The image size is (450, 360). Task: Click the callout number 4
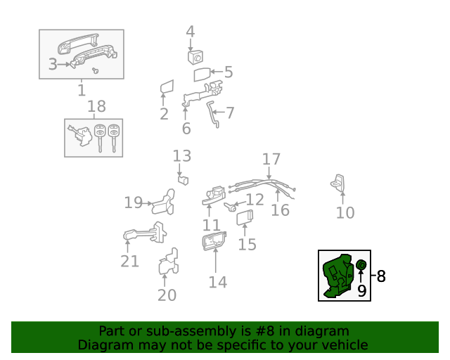[x=190, y=32]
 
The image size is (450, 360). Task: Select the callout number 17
[x=271, y=160]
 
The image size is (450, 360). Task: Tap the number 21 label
[x=129, y=262]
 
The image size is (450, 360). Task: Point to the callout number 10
[x=345, y=212]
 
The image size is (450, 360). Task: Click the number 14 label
[x=218, y=282]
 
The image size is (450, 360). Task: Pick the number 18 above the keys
[x=96, y=107]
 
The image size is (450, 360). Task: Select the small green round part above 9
[x=361, y=264]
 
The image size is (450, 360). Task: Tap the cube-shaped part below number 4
[x=195, y=56]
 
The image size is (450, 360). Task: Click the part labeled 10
[x=339, y=184]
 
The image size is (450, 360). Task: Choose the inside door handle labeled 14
[x=213, y=242]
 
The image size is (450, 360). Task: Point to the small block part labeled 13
[x=183, y=179]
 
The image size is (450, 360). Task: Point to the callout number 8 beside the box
[x=381, y=276]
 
